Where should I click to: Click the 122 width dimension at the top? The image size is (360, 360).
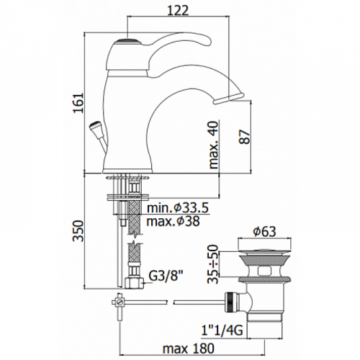178,10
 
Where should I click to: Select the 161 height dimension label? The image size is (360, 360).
78,103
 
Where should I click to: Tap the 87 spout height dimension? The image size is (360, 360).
245,137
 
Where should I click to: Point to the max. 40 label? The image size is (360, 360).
214,145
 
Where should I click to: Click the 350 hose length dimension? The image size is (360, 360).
78,230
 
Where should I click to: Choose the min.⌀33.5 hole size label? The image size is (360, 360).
178,208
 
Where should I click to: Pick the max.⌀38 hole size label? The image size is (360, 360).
173,221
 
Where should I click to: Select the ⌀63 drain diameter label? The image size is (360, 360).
265,232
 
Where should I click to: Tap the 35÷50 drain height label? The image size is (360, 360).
213,264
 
